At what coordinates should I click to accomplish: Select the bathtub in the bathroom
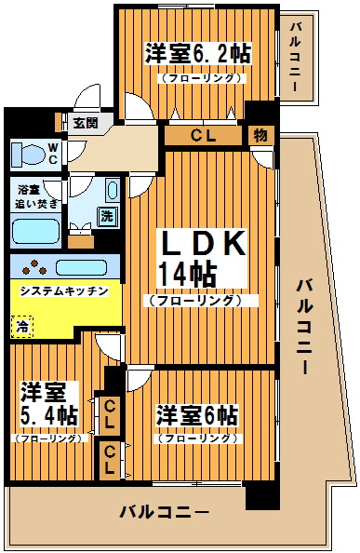(x=35, y=229)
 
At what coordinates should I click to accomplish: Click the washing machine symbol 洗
(x=106, y=216)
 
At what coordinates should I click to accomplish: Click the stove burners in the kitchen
(x=35, y=266)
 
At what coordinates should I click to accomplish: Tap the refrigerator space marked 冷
(x=20, y=326)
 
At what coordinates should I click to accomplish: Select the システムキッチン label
(x=65, y=290)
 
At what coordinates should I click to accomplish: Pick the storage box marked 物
(x=260, y=135)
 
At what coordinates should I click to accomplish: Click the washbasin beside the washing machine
(x=112, y=193)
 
